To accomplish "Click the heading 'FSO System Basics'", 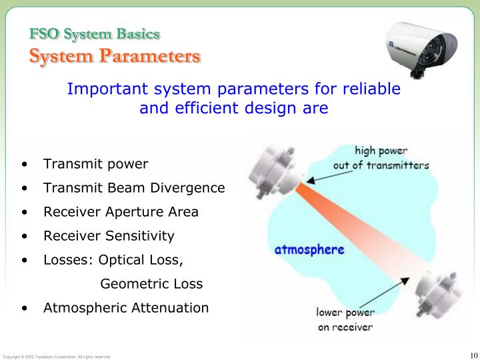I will point(94,33).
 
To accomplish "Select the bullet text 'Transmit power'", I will point(95,164).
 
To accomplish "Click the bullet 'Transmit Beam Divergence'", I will point(134,188).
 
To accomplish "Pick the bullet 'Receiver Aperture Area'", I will point(121,212).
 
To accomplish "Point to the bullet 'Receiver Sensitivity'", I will point(109,236).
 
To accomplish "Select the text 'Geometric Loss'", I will point(151,284).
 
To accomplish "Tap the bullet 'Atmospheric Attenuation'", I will point(126,308).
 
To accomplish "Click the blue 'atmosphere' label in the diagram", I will point(310,251).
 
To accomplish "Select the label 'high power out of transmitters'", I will point(381,157).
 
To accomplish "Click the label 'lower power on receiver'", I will point(345,319).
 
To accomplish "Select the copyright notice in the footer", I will point(57,357).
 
